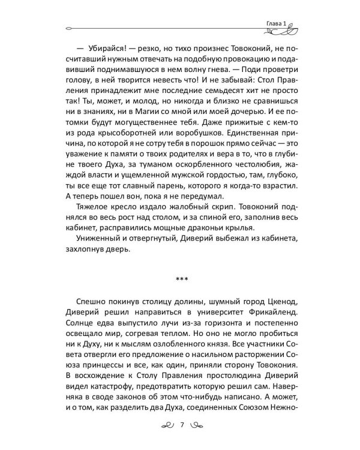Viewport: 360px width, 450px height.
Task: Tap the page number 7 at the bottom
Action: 181,427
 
